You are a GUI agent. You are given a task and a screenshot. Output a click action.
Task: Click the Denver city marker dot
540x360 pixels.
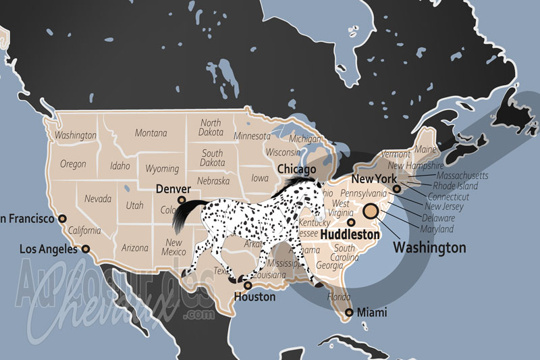point(181,201)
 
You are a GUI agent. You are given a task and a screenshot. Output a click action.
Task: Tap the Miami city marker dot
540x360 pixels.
point(349,312)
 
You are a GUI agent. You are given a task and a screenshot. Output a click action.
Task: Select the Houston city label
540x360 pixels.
point(254,297)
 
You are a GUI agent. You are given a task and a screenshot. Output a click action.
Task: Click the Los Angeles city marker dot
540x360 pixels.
point(86,249)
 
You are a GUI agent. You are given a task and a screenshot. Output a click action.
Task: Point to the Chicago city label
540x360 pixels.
point(297,169)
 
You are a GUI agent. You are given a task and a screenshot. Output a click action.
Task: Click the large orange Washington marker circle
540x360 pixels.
point(371,211)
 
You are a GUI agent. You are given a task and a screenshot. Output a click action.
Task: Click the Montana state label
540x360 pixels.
point(151,133)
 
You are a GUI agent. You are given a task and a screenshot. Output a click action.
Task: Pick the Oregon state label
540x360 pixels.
point(73,164)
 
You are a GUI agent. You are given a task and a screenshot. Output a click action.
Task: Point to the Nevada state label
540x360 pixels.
point(99,199)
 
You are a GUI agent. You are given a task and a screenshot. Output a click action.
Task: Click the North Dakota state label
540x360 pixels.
point(210,128)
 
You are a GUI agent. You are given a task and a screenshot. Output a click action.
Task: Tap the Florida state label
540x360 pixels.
point(338,297)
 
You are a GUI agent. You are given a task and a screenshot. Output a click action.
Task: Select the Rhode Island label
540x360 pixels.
point(455,186)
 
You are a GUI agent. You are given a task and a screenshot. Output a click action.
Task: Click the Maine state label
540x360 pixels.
point(426,149)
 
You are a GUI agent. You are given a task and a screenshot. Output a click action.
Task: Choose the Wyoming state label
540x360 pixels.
point(162,169)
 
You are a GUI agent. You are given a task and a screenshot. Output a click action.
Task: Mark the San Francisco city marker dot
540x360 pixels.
point(62,218)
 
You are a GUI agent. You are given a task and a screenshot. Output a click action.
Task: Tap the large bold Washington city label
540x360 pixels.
point(429,248)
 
